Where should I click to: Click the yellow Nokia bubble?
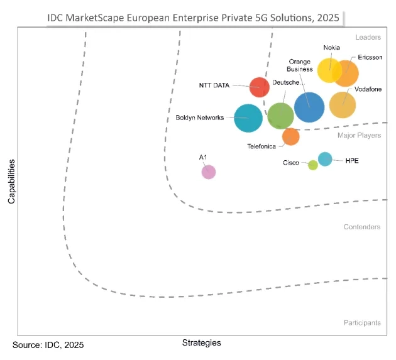(x=329, y=70)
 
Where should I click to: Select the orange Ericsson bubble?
(x=346, y=74)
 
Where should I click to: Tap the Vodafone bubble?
(x=343, y=105)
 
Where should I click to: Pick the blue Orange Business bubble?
(x=309, y=107)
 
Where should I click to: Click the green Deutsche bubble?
(x=280, y=116)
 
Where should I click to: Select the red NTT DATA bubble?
(x=260, y=87)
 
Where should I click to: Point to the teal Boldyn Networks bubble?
(x=248, y=118)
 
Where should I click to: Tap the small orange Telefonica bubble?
(x=290, y=136)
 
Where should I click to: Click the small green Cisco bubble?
(x=312, y=165)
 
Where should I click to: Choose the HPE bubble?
(x=325, y=159)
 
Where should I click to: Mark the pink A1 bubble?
(x=208, y=172)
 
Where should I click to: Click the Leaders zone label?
(x=368, y=38)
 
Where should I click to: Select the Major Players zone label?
(x=359, y=135)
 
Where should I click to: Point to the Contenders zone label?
(x=362, y=227)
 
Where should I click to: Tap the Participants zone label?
(x=361, y=322)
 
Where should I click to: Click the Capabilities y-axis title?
(x=11, y=182)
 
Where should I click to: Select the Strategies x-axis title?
(x=201, y=342)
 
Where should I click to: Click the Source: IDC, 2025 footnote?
(x=48, y=345)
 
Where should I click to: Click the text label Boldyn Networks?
(x=199, y=117)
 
